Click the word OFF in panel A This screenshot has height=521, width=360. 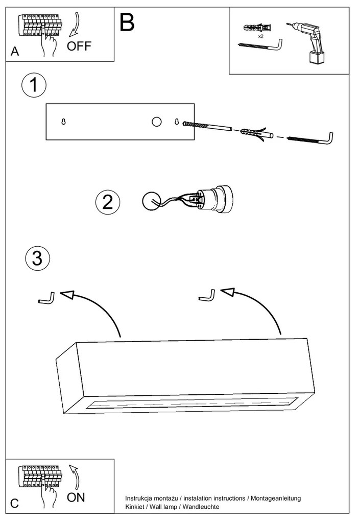click(x=79, y=46)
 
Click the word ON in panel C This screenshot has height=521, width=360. click(x=76, y=496)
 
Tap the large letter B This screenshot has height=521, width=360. click(x=127, y=22)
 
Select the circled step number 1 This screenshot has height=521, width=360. click(x=34, y=85)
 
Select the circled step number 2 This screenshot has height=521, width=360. click(x=107, y=202)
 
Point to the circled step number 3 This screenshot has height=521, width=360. click(x=37, y=258)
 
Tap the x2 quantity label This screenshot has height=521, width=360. click(x=260, y=37)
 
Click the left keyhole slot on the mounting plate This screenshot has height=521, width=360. click(x=63, y=122)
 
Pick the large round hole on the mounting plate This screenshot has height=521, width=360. click(x=156, y=122)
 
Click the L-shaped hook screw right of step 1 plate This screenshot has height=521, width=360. click(x=311, y=138)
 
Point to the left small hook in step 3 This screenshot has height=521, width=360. click(x=47, y=298)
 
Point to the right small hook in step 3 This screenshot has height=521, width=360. click(x=207, y=296)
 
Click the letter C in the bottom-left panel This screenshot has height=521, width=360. click(x=14, y=503)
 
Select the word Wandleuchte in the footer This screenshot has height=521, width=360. click(x=202, y=507)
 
